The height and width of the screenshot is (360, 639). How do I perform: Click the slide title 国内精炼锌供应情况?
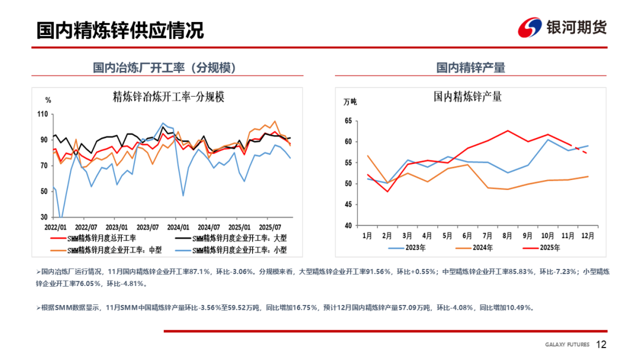(120, 30)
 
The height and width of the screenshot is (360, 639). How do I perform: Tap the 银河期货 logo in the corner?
(562, 27)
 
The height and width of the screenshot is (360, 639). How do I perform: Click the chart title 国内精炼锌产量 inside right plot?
(467, 97)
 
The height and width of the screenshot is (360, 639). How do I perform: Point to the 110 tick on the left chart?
(42, 114)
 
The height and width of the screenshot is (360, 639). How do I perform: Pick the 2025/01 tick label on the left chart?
(238, 227)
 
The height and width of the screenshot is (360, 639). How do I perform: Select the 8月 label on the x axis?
(507, 235)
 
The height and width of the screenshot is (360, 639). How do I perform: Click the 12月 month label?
(588, 235)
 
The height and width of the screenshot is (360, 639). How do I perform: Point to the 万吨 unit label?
(350, 101)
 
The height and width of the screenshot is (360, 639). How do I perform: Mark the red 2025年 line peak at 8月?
(508, 130)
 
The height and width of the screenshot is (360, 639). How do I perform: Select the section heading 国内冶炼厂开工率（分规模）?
(164, 68)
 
